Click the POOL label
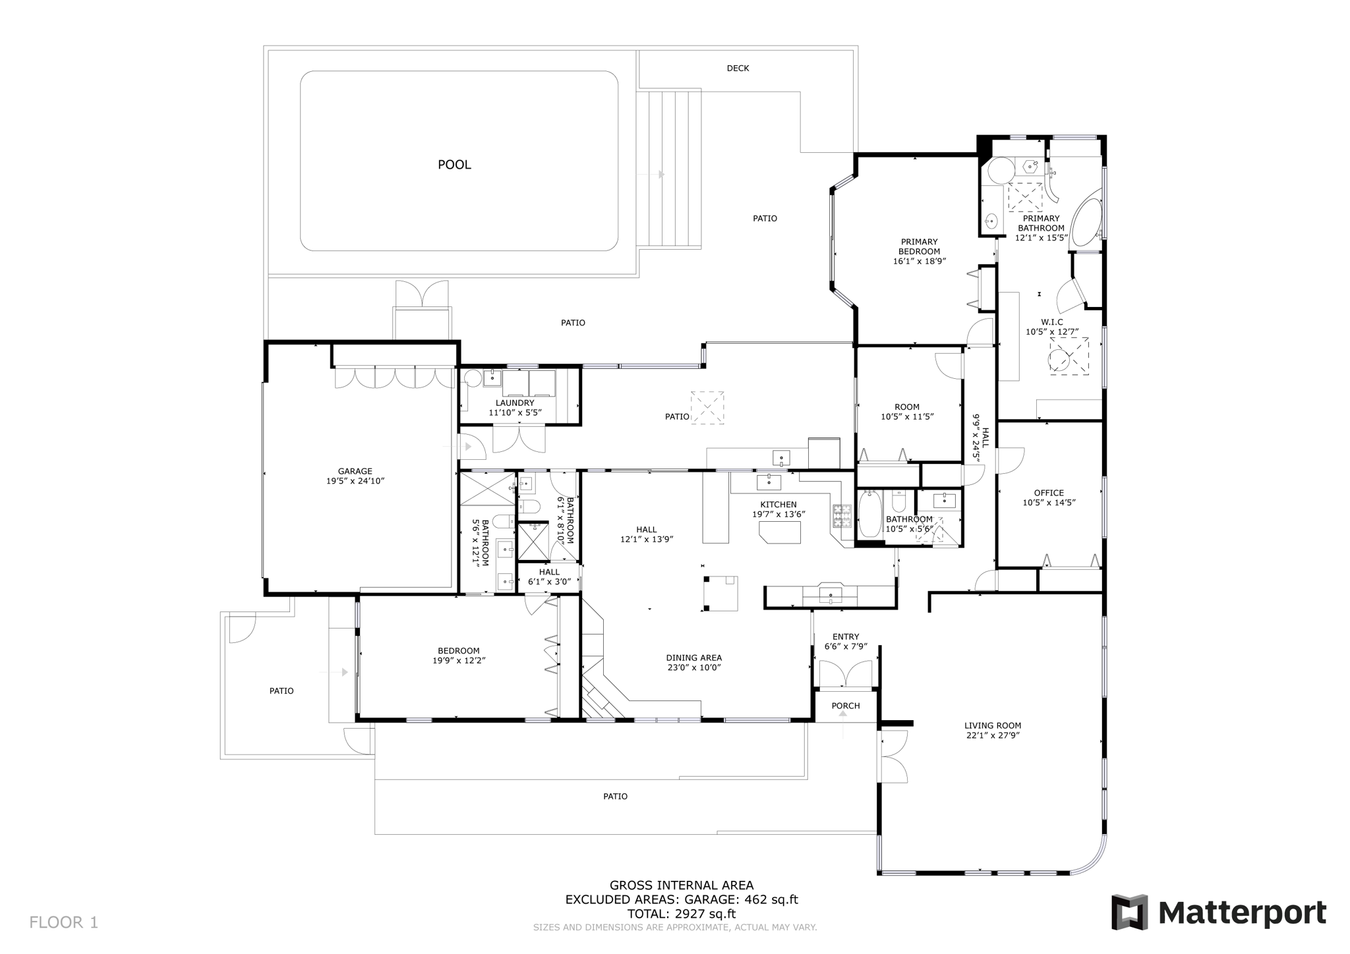click(454, 165)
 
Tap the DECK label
click(738, 69)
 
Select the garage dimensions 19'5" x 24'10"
click(355, 482)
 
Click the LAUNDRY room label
click(515, 403)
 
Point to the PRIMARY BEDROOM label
click(919, 246)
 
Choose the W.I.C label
click(1052, 322)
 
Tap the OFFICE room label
click(1049, 493)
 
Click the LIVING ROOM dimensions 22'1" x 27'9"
click(993, 735)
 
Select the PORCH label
click(846, 706)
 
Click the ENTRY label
click(846, 636)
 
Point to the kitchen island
click(780, 532)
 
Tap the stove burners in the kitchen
click(842, 516)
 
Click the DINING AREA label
click(693, 658)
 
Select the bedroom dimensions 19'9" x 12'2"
click(459, 661)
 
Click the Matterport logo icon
click(1129, 912)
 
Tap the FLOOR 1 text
click(63, 922)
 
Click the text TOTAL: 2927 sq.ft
click(681, 914)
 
